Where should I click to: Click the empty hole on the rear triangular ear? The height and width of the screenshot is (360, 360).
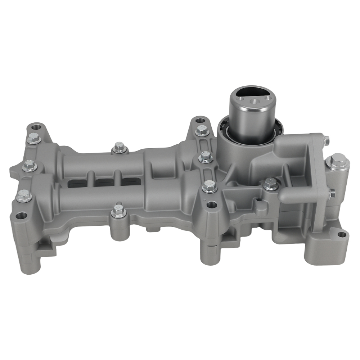[x=200, y=121]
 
